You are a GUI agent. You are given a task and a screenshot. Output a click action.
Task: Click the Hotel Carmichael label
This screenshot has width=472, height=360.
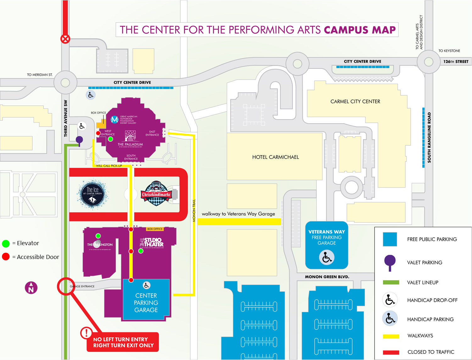[x=275, y=157]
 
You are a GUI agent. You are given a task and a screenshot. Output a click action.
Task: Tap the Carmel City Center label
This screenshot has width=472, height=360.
[x=355, y=101]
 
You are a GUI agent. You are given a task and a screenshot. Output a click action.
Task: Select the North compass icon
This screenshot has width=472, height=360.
[x=31, y=288]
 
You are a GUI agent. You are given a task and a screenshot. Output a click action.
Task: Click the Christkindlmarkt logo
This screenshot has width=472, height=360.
[x=156, y=194]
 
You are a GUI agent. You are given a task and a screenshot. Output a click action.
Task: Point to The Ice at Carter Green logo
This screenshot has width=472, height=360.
[x=92, y=194]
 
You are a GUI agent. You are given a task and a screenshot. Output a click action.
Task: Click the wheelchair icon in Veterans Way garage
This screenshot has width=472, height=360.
[x=327, y=257]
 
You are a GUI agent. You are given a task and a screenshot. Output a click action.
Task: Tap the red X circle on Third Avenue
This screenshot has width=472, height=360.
[x=65, y=39]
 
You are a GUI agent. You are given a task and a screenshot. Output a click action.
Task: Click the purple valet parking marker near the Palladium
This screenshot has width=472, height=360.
[x=80, y=140]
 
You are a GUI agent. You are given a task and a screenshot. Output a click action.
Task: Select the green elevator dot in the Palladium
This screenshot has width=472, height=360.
[x=110, y=139]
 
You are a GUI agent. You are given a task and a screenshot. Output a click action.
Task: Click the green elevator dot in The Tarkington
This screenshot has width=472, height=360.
[x=98, y=236]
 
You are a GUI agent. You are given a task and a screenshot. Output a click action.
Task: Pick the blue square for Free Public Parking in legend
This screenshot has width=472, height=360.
[x=390, y=239]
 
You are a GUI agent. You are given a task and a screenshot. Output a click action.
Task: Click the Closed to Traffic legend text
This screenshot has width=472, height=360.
[x=431, y=352]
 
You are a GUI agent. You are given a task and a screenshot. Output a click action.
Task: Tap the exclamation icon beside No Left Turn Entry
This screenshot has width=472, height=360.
[x=86, y=333]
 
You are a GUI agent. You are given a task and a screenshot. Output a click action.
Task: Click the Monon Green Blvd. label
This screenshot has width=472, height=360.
[x=327, y=277]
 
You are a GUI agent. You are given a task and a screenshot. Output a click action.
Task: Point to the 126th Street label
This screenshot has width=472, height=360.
[x=456, y=61]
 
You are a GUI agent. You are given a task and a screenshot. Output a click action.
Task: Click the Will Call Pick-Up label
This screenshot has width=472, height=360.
[x=109, y=166]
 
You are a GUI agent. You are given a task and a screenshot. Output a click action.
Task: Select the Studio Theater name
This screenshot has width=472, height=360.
[x=152, y=242]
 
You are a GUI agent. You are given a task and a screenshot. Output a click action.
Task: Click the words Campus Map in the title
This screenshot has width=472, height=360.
[x=360, y=30]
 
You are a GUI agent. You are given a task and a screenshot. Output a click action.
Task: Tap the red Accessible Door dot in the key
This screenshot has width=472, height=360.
[x=6, y=257]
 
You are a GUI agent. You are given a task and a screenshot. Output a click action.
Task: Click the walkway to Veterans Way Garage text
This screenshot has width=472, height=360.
[x=238, y=214]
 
